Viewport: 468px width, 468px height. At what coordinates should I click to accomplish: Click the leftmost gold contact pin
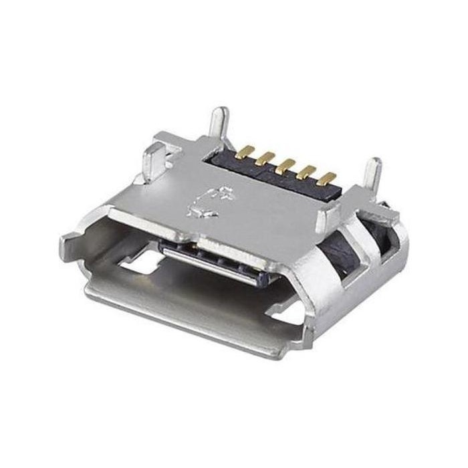[x=247, y=150]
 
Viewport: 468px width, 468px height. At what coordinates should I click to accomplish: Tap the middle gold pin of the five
[x=288, y=164]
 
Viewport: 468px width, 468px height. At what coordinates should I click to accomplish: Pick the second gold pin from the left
[x=267, y=158]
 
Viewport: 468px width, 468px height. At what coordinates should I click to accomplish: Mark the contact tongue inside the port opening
[x=211, y=257]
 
